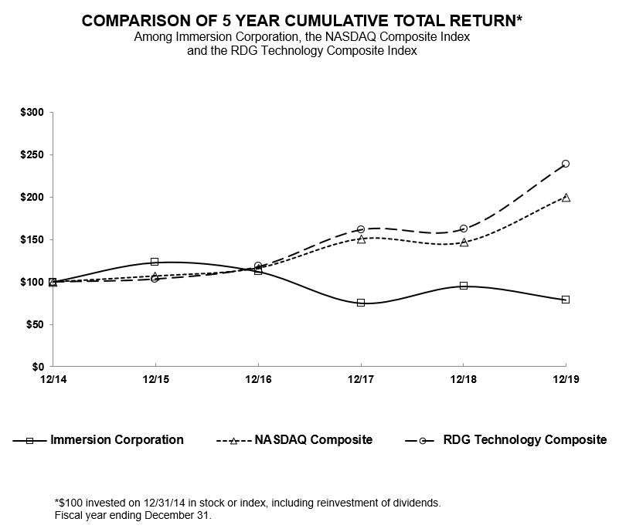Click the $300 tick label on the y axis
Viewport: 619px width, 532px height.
(x=33, y=113)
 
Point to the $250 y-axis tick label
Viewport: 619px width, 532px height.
(x=33, y=155)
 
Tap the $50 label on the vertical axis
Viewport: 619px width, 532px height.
(x=36, y=324)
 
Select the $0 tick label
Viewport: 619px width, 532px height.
(x=38, y=367)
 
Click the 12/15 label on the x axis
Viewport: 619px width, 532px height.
(x=155, y=378)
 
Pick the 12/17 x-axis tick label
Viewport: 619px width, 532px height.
(x=361, y=378)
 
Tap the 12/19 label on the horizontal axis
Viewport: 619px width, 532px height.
(x=566, y=378)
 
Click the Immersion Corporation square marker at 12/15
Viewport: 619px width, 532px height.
(x=155, y=262)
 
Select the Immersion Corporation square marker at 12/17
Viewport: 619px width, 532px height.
(x=361, y=303)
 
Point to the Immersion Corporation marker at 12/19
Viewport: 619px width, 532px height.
(x=566, y=300)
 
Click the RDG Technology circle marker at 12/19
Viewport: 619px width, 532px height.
(x=566, y=164)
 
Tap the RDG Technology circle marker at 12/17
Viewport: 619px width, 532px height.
(x=361, y=229)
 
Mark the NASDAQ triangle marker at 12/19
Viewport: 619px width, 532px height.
(x=566, y=197)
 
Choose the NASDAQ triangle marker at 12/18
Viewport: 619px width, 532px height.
(x=464, y=242)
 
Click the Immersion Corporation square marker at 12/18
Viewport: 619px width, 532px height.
(x=464, y=286)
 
